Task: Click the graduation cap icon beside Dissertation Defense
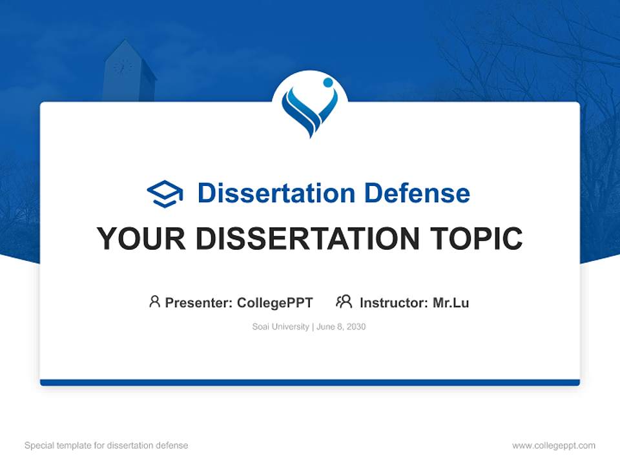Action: pyautogui.click(x=165, y=194)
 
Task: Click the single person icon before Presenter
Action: pyautogui.click(x=154, y=302)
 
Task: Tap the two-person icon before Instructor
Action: pyautogui.click(x=344, y=302)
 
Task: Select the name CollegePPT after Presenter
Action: pyautogui.click(x=275, y=302)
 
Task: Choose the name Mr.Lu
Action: pyautogui.click(x=451, y=302)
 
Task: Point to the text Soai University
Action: pyautogui.click(x=280, y=327)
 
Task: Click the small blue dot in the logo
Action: pyautogui.click(x=327, y=83)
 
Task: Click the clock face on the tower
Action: pyautogui.click(x=122, y=67)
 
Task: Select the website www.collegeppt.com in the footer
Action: pyautogui.click(x=553, y=446)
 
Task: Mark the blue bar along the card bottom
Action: pyautogui.click(x=310, y=382)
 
